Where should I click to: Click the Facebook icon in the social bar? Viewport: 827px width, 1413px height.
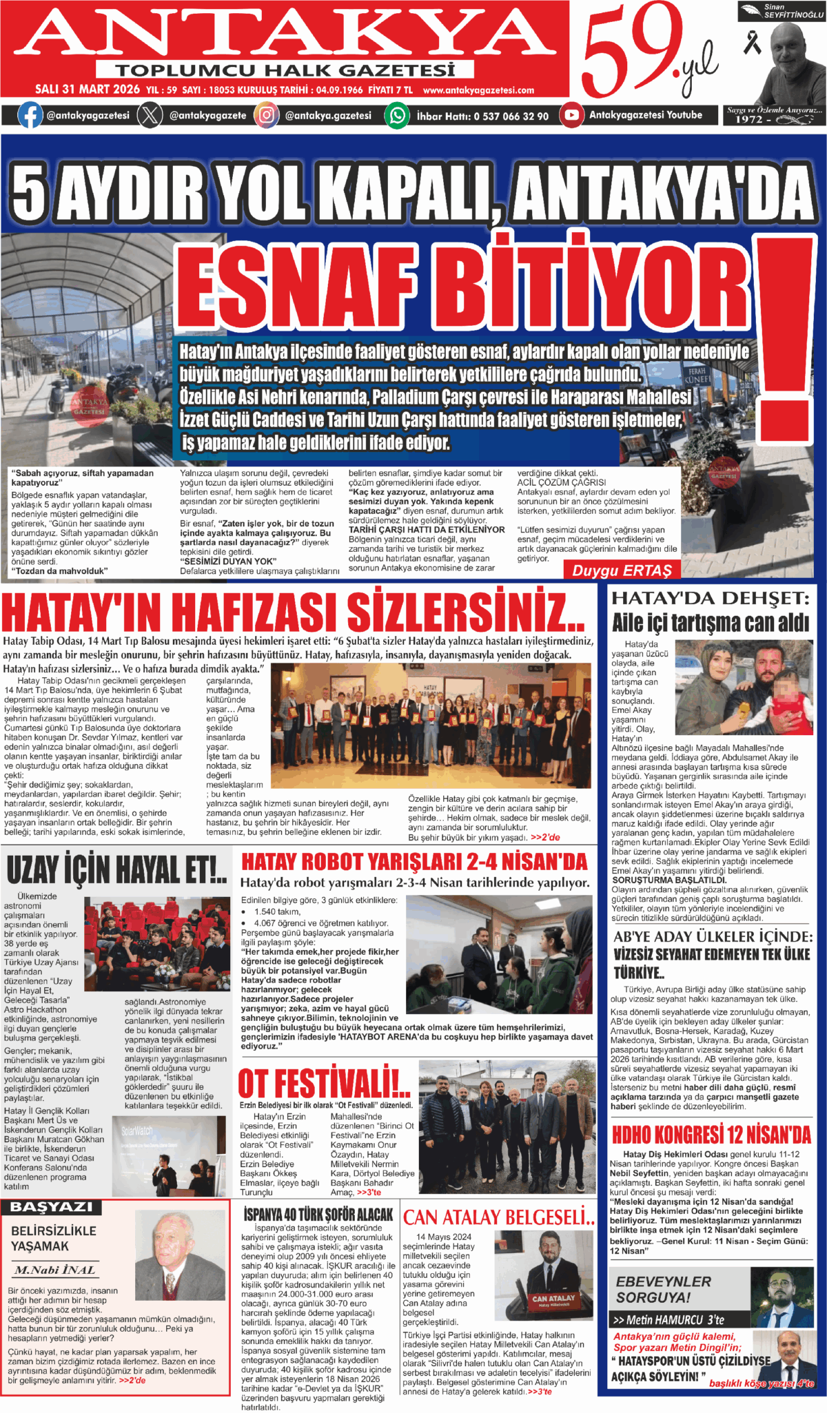point(29,115)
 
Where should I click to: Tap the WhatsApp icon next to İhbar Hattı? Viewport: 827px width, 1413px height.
point(397,115)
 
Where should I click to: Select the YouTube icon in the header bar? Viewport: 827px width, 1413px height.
point(571,115)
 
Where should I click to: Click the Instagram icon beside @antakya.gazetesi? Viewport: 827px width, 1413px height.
point(266,115)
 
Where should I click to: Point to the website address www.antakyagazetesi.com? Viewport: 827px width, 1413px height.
point(478,90)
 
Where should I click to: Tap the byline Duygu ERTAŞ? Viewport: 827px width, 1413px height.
point(622,570)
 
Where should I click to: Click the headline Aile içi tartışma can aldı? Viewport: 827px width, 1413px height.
point(710,623)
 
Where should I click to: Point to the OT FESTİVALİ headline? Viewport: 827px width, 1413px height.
point(324,1084)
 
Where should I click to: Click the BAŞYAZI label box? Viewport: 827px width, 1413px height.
point(52,1208)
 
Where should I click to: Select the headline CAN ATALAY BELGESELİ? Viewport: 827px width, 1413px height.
point(498,1218)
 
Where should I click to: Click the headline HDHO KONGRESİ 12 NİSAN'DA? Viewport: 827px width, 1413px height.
point(711,1135)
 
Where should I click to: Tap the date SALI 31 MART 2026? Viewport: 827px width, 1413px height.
point(88,90)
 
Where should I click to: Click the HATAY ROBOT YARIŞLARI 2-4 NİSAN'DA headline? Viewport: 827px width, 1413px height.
point(414,862)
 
